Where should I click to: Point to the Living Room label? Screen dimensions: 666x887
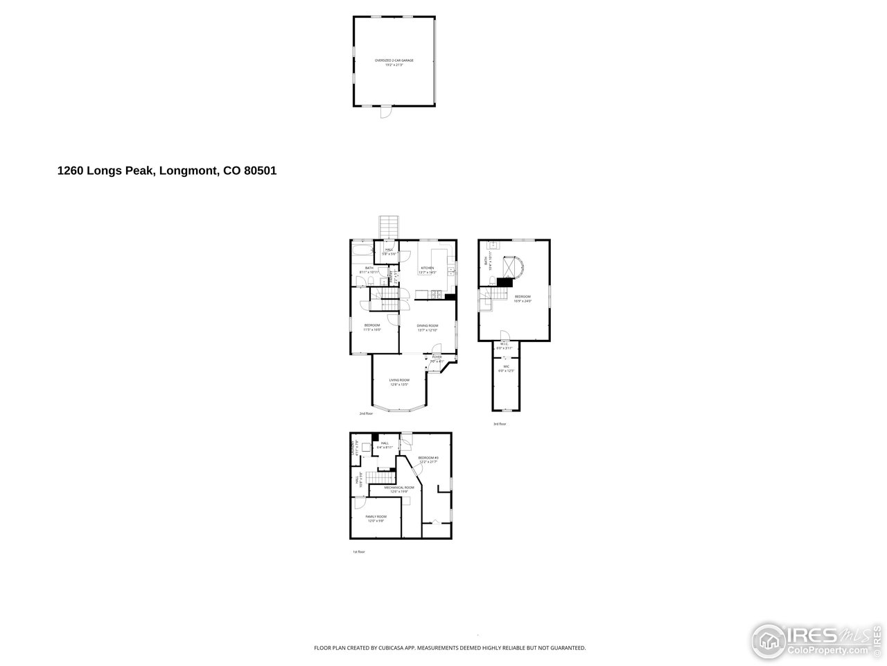tap(399, 382)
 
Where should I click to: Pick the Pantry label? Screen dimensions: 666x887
tap(392, 278)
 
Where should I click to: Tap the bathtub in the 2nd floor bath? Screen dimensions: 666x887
tap(361, 250)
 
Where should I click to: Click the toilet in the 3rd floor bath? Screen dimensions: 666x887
tap(492, 281)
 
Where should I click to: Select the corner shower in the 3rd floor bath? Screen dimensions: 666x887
tap(513, 267)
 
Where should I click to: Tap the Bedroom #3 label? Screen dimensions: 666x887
tap(428, 460)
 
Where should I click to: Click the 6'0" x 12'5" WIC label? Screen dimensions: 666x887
tap(507, 368)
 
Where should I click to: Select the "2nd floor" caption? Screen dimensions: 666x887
tap(366, 414)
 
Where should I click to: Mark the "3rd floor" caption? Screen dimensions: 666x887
tap(499, 424)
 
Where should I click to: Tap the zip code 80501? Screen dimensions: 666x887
tap(261, 171)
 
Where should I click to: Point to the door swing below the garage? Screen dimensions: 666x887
tap(385, 112)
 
